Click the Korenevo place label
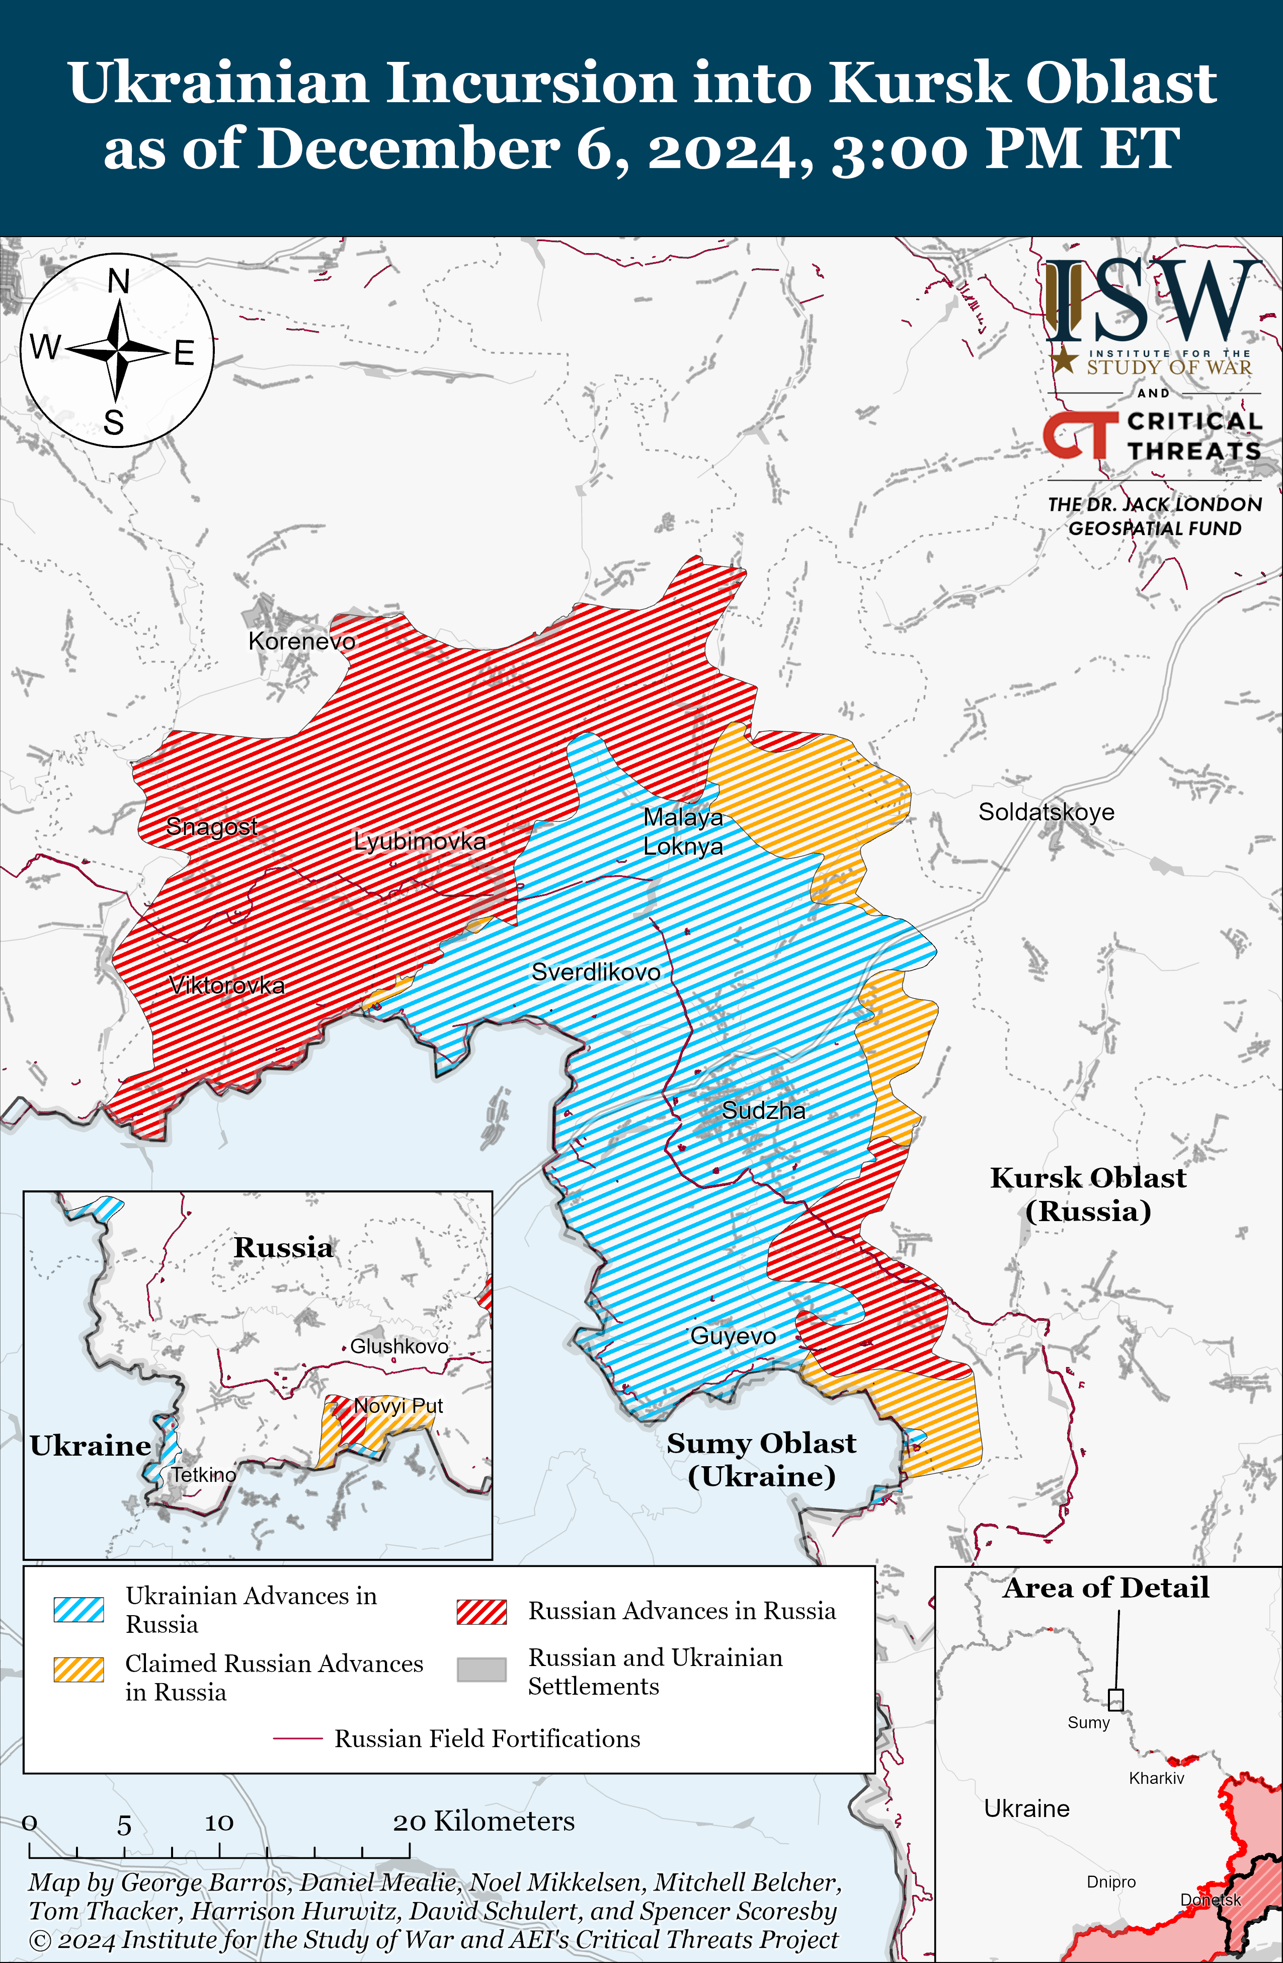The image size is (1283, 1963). (x=302, y=641)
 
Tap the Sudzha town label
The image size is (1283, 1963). (x=764, y=1110)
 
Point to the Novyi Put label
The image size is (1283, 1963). (x=398, y=1405)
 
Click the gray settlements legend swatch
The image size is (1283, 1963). (x=482, y=1670)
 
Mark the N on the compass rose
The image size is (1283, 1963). (x=119, y=282)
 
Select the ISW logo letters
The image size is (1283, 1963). (x=1153, y=301)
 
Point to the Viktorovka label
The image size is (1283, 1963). (x=227, y=985)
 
